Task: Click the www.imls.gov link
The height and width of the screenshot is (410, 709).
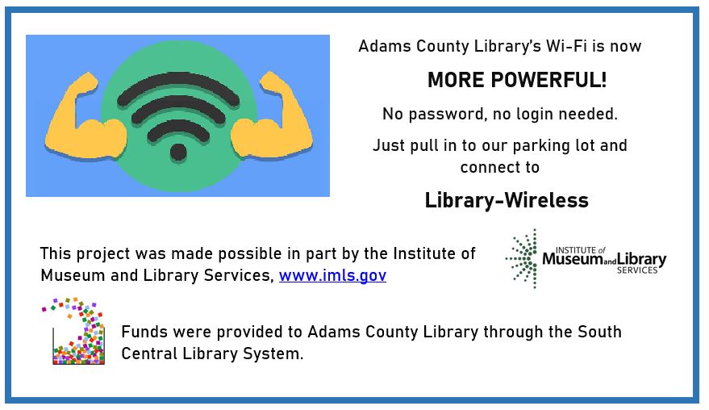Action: click(332, 275)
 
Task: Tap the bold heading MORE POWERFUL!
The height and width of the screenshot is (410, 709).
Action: click(517, 80)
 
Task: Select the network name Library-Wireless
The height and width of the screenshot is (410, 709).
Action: click(507, 200)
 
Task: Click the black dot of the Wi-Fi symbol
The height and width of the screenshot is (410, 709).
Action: click(178, 153)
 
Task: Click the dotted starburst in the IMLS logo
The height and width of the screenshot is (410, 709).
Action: click(522, 259)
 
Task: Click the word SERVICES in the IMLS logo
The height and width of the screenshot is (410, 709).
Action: click(637, 270)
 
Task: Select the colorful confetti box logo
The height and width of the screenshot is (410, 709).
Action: click(73, 331)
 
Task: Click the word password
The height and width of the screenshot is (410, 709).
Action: click(446, 114)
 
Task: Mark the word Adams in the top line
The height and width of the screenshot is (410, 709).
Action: click(385, 46)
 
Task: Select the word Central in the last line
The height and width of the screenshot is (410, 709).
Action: click(150, 354)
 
